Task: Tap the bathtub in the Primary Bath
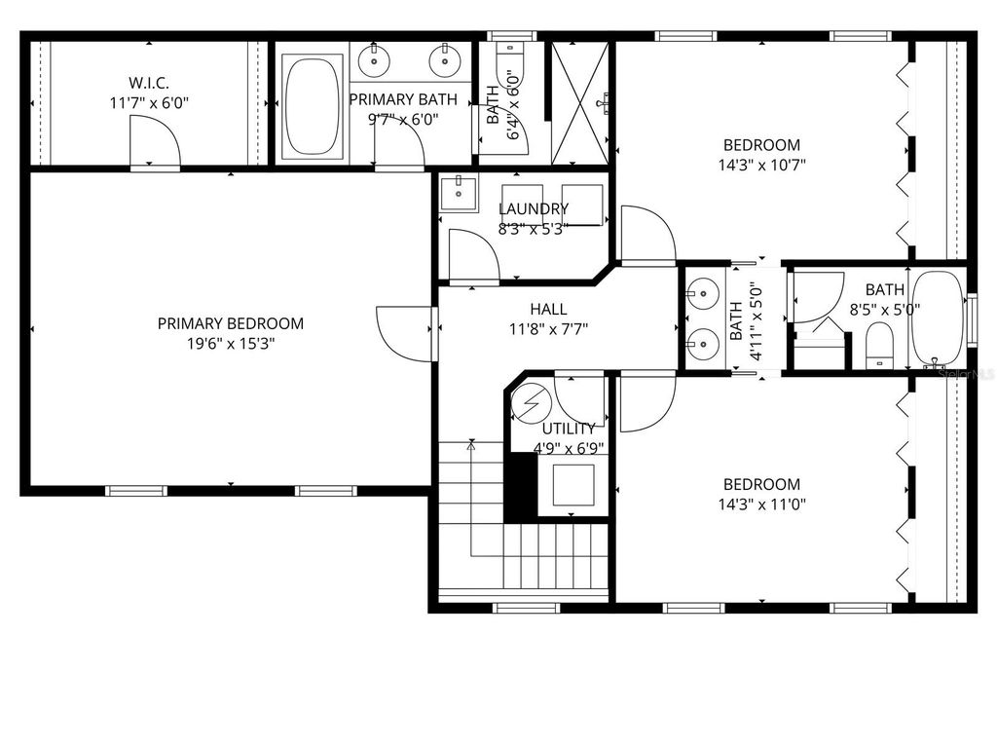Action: click(x=313, y=107)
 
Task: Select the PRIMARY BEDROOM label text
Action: click(x=231, y=323)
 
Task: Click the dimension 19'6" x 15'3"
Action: click(x=231, y=343)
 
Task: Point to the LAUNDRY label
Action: click(x=534, y=208)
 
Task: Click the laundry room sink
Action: click(x=457, y=194)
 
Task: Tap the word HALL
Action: click(x=548, y=309)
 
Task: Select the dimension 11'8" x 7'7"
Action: click(x=548, y=328)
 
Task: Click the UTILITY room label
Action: click(x=569, y=429)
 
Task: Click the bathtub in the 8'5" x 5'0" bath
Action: click(x=937, y=318)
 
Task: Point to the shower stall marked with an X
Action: click(x=581, y=102)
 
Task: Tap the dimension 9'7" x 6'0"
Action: click(x=403, y=119)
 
